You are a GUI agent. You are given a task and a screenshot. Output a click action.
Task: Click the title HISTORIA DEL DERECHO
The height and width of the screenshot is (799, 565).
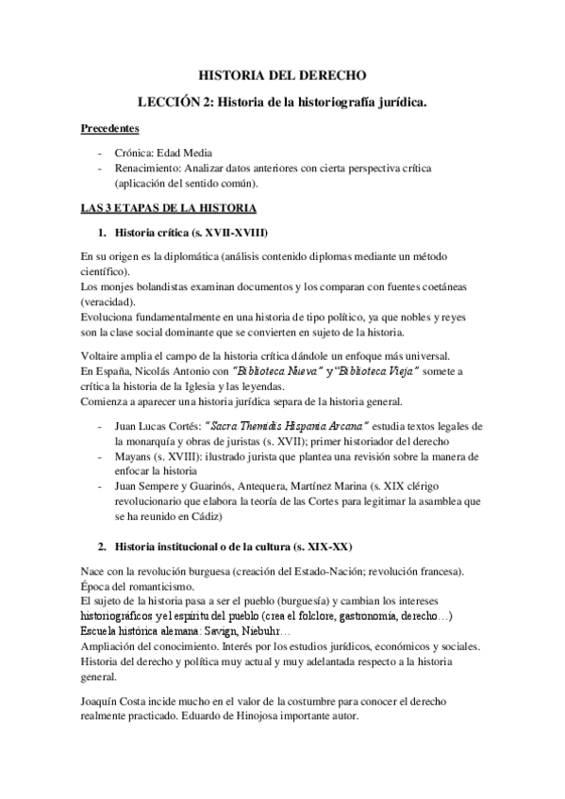click(x=282, y=73)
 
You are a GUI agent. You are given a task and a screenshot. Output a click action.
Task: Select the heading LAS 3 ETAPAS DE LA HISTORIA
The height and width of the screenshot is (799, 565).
click(x=169, y=206)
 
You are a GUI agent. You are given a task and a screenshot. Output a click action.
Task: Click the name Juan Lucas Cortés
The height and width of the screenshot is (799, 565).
click(x=160, y=426)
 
